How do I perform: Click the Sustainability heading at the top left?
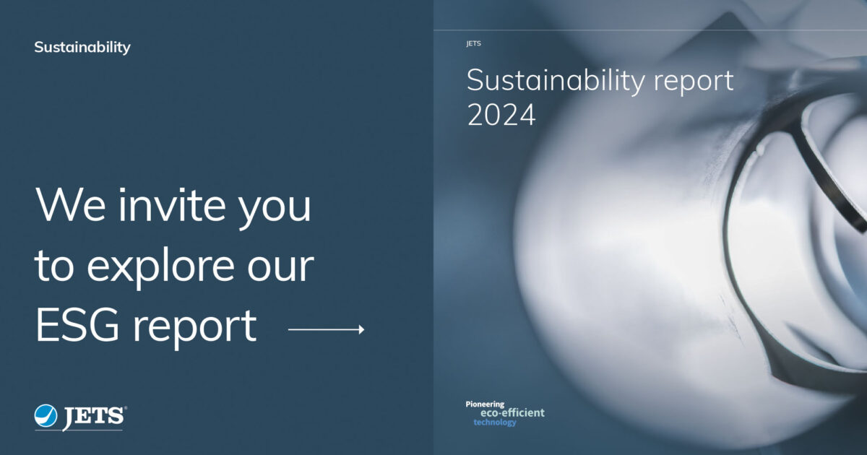point(82,48)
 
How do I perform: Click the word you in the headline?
point(277,209)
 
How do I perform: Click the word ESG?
point(78,326)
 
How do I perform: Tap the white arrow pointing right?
point(326,330)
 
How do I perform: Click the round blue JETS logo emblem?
point(46,415)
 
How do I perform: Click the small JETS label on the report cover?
point(473,43)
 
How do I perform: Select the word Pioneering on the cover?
point(485,404)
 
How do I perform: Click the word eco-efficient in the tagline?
point(512,413)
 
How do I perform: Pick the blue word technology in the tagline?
point(495,422)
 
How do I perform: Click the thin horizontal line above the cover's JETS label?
point(650,30)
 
